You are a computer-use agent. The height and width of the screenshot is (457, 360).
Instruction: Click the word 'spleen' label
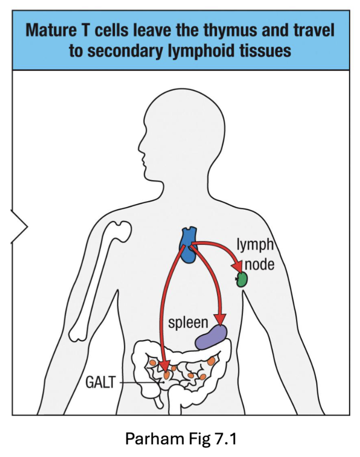pos(188,323)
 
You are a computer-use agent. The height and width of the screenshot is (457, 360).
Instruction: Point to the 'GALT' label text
pos(100,382)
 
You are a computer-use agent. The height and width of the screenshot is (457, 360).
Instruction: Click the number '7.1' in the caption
pos(223,439)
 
